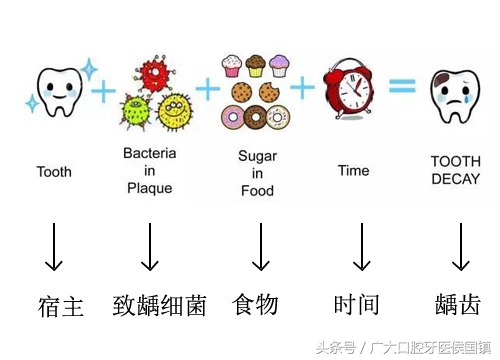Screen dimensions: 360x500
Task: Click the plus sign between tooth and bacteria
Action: tap(103, 93)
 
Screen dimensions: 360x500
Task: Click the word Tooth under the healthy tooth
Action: tap(54, 172)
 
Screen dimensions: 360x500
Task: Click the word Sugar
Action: tap(257, 156)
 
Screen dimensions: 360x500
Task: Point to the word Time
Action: tap(353, 171)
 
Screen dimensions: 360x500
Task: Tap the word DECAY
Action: tap(456, 179)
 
